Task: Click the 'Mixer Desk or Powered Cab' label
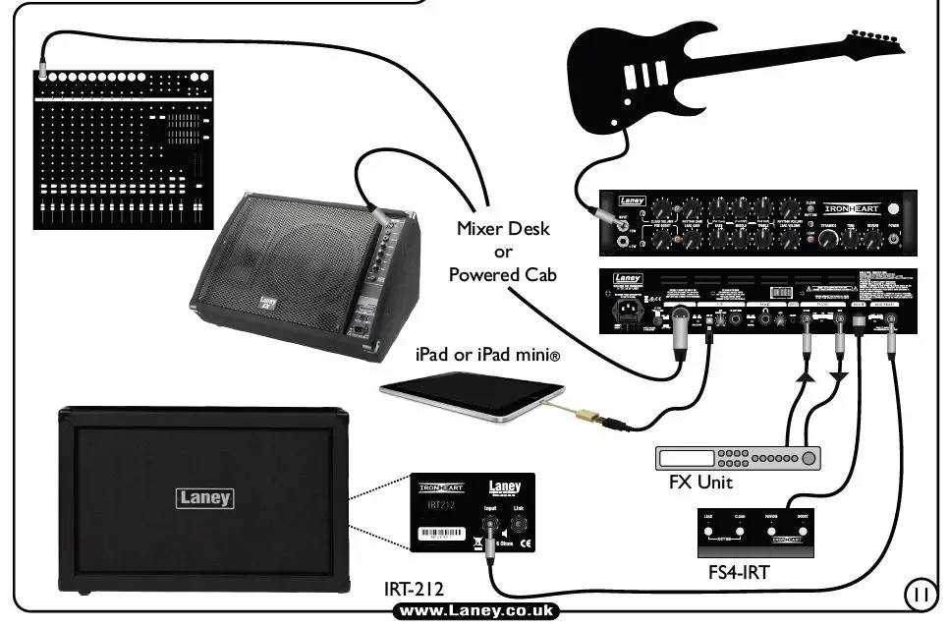pyautogui.click(x=502, y=252)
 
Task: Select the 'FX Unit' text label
pyautogui.click(x=701, y=483)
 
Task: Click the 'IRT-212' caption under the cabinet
pyautogui.click(x=414, y=590)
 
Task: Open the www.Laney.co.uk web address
pyautogui.click(x=476, y=611)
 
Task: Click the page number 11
pyautogui.click(x=919, y=594)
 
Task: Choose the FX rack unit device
pyautogui.click(x=738, y=458)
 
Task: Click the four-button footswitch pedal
pyautogui.click(x=754, y=532)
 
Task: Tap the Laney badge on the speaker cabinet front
pyautogui.click(x=205, y=497)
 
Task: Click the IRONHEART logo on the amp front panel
pyautogui.click(x=849, y=210)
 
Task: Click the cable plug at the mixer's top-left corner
pyautogui.click(x=41, y=72)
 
